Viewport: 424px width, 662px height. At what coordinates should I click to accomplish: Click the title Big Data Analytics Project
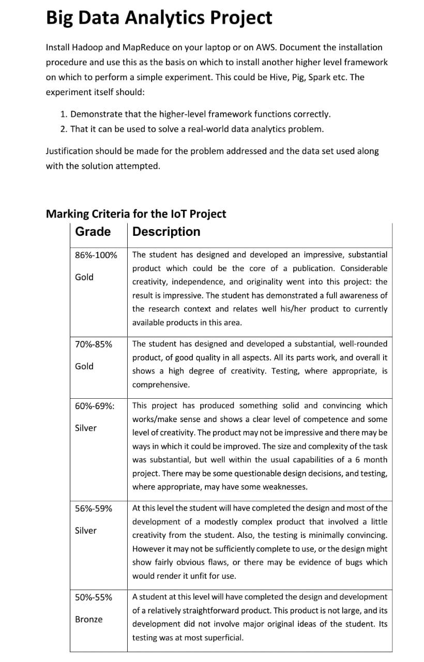click(159, 18)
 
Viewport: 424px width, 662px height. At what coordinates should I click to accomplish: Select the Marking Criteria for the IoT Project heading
click(136, 214)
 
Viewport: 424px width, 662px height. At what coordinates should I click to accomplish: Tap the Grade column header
click(93, 232)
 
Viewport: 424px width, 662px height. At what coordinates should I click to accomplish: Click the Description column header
click(166, 232)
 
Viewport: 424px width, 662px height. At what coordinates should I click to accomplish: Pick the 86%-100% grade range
click(96, 255)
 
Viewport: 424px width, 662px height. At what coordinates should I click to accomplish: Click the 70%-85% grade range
click(94, 344)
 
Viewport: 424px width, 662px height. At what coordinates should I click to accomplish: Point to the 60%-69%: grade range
click(95, 406)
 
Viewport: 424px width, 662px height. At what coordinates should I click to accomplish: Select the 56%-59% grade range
click(94, 508)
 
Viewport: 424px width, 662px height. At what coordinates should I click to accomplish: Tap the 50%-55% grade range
click(94, 597)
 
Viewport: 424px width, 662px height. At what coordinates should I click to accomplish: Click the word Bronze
click(89, 619)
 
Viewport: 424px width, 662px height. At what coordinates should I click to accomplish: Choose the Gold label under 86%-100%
click(84, 277)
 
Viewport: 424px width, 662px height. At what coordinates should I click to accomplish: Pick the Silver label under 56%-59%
click(86, 530)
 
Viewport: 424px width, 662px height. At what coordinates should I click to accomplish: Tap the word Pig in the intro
click(302, 77)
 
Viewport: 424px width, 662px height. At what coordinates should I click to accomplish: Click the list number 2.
click(63, 129)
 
